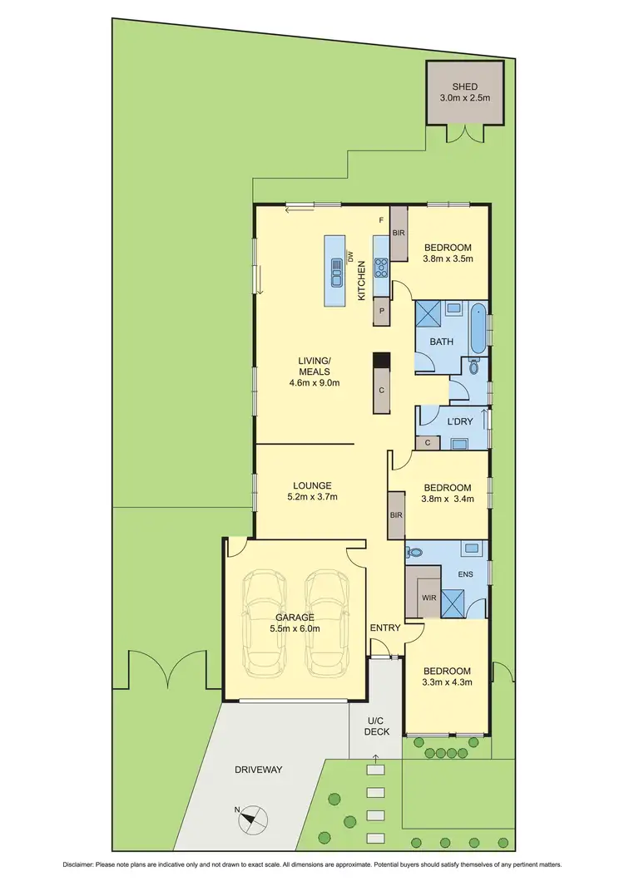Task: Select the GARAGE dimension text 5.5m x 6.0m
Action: click(296, 628)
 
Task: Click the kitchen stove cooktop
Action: click(382, 267)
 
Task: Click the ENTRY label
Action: click(385, 628)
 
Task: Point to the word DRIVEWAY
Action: click(259, 770)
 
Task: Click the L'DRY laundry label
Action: click(460, 421)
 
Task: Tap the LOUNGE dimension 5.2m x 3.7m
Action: click(312, 497)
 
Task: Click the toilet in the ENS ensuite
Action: click(413, 552)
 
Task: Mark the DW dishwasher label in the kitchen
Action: click(351, 256)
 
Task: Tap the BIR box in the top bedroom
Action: click(399, 233)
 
